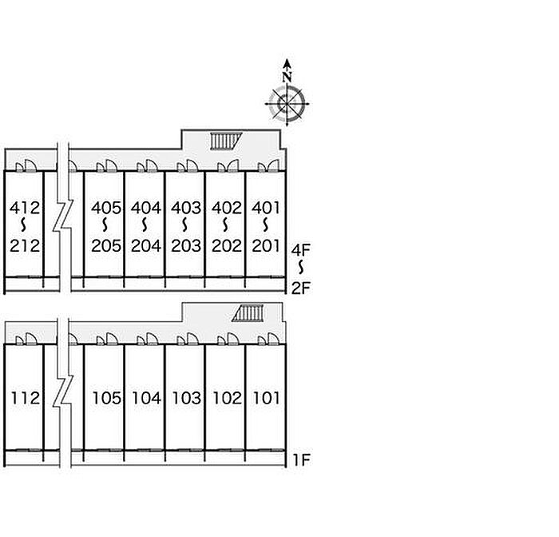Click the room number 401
(x=266, y=208)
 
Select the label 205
(x=106, y=246)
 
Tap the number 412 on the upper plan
(x=25, y=208)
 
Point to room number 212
(x=25, y=246)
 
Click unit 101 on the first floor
(x=266, y=398)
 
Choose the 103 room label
(x=186, y=398)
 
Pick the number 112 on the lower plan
(x=26, y=398)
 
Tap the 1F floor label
(x=302, y=460)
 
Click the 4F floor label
(x=301, y=250)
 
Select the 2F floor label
(x=301, y=288)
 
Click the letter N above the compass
(x=287, y=77)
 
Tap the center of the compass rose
(x=287, y=104)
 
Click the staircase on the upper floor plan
(x=226, y=141)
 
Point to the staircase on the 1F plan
(x=248, y=313)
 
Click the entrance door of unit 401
(x=273, y=165)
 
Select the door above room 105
(x=112, y=339)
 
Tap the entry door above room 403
(x=192, y=165)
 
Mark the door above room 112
(x=31, y=339)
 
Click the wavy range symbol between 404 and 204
(x=145, y=225)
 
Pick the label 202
(x=226, y=246)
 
